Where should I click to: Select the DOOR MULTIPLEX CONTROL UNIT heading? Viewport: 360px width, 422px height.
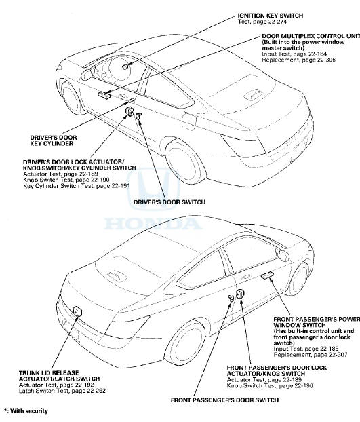[309, 35]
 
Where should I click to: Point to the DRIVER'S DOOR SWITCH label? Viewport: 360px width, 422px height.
[168, 202]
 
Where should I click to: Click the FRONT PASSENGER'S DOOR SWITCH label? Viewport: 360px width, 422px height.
[224, 400]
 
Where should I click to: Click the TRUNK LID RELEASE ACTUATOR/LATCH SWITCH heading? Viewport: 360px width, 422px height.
[48, 375]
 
